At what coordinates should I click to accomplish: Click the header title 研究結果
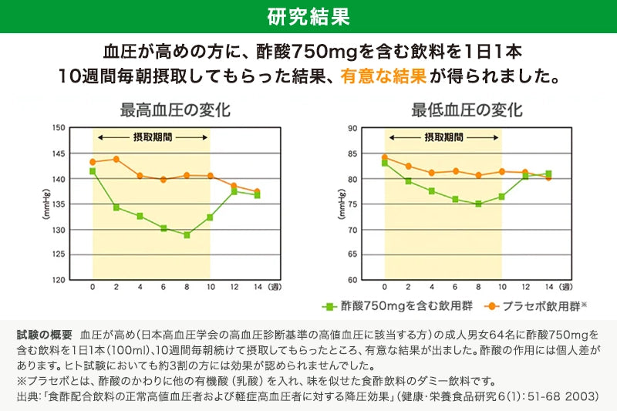(308, 16)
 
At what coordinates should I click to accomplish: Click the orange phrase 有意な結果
(383, 76)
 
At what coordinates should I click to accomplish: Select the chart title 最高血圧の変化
(175, 109)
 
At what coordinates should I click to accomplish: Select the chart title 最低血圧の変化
(467, 109)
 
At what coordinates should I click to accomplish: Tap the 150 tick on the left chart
(58, 128)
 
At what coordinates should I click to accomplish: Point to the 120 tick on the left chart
(58, 280)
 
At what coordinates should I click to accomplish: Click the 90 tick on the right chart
(352, 128)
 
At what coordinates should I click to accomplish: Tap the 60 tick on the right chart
(352, 280)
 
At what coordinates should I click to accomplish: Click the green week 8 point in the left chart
(187, 234)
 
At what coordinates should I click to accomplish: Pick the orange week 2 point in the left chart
(116, 159)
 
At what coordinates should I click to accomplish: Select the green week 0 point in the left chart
(93, 171)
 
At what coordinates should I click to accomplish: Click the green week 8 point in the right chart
(478, 204)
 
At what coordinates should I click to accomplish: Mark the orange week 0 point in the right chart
(385, 157)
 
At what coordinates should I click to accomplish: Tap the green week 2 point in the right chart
(408, 181)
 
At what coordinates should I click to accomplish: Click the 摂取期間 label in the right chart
(444, 136)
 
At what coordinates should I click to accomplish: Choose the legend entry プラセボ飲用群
(536, 306)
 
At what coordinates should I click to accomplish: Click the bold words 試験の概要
(44, 335)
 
